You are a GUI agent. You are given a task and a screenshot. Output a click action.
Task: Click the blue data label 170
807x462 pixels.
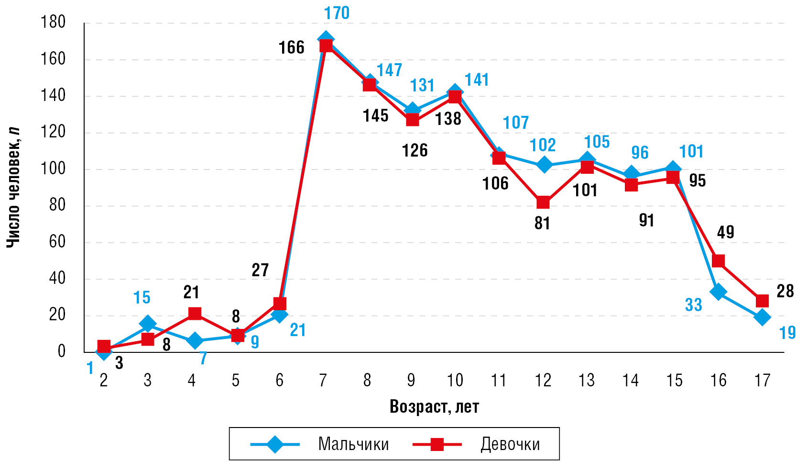pyautogui.click(x=337, y=13)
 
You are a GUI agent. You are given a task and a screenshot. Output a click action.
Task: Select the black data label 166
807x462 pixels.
pyautogui.click(x=291, y=47)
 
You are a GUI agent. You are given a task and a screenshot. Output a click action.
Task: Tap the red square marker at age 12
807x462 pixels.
pyautogui.click(x=543, y=203)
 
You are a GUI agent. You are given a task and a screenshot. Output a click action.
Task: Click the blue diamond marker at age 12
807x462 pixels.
pyautogui.click(x=543, y=165)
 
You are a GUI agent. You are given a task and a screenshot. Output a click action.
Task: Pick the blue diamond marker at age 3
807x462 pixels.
pyautogui.click(x=148, y=324)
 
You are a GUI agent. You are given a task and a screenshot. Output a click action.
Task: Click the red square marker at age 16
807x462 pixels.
pyautogui.click(x=718, y=261)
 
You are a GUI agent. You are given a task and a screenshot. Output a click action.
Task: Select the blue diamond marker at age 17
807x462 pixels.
pyautogui.click(x=762, y=317)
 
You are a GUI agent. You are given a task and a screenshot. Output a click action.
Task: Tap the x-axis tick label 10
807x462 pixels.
pyautogui.click(x=455, y=381)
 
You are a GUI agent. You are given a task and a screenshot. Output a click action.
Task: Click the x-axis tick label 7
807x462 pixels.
pyautogui.click(x=323, y=381)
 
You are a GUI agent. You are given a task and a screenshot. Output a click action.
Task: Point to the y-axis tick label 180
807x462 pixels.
pyautogui.click(x=53, y=22)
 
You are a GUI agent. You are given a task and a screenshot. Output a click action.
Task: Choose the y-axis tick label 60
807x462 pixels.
pyautogui.click(x=57, y=242)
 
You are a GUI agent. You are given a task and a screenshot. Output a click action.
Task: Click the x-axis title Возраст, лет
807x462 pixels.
pyautogui.click(x=434, y=406)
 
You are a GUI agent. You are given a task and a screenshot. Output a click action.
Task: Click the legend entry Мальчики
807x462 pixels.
pyautogui.click(x=353, y=444)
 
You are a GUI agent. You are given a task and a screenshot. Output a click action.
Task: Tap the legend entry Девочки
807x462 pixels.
pyautogui.click(x=510, y=444)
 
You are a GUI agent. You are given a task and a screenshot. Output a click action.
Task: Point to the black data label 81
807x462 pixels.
pyautogui.click(x=542, y=223)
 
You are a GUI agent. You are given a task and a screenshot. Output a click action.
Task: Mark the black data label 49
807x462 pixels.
pyautogui.click(x=725, y=232)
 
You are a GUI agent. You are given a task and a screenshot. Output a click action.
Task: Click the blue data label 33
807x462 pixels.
pyautogui.click(x=693, y=305)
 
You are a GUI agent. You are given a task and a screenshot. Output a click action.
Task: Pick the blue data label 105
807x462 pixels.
pyautogui.click(x=597, y=142)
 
